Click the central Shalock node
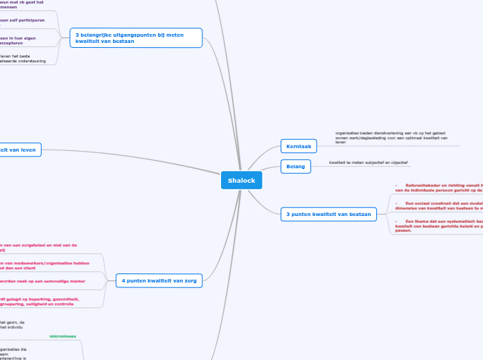click(x=242, y=180)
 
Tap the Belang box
click(x=296, y=166)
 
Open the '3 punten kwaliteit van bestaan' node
click(x=328, y=214)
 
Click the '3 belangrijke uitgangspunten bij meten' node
click(x=137, y=37)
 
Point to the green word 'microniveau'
click(x=63, y=336)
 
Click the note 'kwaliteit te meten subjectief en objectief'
click(x=369, y=163)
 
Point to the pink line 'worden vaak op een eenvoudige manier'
click(x=42, y=281)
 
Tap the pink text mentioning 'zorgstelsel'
click(x=38, y=247)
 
